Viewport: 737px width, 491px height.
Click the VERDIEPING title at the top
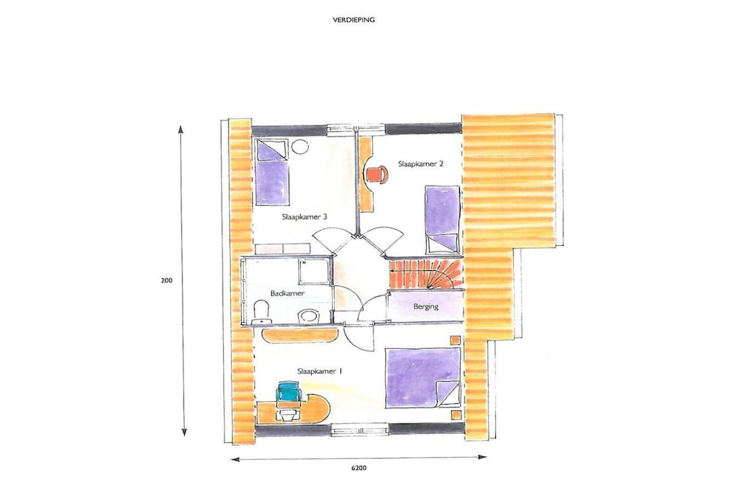click(353, 20)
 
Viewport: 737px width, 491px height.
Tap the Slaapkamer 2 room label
click(420, 164)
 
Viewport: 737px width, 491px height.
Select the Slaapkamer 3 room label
click(304, 217)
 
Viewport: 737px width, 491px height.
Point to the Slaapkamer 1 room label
click(320, 371)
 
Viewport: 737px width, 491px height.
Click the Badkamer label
click(287, 293)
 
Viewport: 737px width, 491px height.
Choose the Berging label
click(426, 306)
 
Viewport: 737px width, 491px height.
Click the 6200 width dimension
click(358, 468)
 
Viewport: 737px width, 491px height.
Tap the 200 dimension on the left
click(167, 280)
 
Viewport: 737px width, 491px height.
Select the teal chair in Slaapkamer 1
click(289, 392)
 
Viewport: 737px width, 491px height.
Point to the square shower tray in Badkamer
click(314, 271)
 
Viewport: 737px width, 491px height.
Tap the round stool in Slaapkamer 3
click(299, 147)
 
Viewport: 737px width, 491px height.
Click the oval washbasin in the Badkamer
click(309, 316)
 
